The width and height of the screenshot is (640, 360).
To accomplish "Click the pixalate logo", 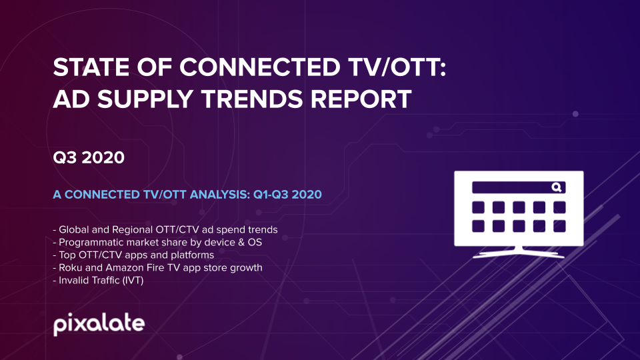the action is pos(99,324).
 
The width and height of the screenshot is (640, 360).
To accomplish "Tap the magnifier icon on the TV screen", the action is pos(557,187).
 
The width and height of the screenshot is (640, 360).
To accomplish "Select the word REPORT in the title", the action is pos(361,99).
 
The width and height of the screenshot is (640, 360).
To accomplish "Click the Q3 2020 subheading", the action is pos(89,157).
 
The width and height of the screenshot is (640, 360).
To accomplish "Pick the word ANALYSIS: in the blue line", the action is pos(220,194).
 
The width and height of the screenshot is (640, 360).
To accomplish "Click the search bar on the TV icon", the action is pos(519,187).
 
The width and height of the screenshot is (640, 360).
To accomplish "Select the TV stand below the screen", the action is pos(519,253).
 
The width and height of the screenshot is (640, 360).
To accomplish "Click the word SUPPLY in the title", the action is pos(145,99).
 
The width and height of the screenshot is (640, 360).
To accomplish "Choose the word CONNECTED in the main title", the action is pos(259,67).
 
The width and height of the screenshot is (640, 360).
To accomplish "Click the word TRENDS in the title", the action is pos(252,99).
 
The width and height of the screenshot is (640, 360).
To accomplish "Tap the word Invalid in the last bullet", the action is pos(72,281).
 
